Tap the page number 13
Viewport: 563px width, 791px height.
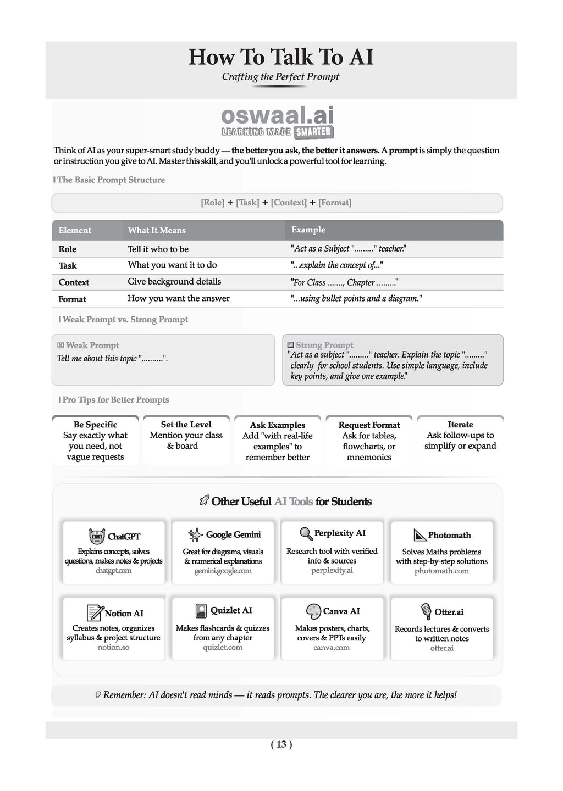tap(281, 744)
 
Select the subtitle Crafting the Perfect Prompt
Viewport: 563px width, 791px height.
tap(280, 77)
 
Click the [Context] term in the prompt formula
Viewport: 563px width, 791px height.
tap(289, 203)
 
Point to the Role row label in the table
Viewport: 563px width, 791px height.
tap(68, 249)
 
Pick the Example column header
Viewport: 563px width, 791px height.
tap(308, 230)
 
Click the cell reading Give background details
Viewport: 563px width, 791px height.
tap(174, 282)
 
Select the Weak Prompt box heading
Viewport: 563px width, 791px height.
tap(92, 346)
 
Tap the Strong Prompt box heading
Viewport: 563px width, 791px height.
tap(324, 345)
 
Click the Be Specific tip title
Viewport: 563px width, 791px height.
tap(95, 425)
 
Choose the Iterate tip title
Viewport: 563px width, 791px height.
tap(460, 425)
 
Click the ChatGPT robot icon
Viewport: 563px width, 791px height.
tap(97, 536)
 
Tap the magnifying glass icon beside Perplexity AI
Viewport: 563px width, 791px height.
tap(306, 533)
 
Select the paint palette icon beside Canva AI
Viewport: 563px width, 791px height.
tap(313, 611)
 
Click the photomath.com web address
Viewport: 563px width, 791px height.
tap(441, 571)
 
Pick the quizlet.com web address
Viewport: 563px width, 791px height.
tap(223, 648)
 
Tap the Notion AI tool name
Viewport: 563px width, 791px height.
tap(124, 614)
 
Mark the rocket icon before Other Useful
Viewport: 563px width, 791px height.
tap(204, 501)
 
